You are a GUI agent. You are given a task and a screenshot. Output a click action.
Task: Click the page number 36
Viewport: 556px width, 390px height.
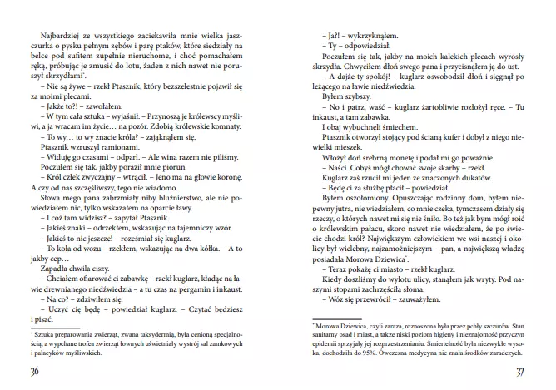[34, 370]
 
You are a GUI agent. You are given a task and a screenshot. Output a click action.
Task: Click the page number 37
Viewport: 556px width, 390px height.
[519, 370]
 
